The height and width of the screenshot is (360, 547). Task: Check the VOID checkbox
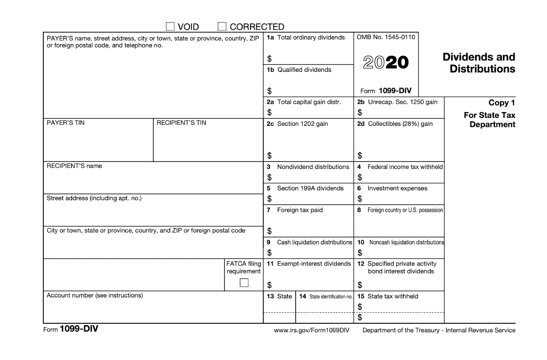pos(170,26)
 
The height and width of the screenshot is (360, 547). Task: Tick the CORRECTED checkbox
pos(222,26)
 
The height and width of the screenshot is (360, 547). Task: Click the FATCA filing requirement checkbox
pos(244,283)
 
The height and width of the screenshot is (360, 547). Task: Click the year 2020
pos(386,62)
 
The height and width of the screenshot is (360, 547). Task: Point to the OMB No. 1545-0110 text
pos(386,37)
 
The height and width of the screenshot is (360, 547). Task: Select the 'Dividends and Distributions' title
pos(479,63)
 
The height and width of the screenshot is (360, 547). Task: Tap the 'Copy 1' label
pos(502,103)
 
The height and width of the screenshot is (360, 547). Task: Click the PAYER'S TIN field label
pos(66,123)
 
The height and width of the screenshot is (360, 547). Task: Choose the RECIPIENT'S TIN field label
pos(181,123)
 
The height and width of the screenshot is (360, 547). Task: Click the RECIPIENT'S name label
pos(74,166)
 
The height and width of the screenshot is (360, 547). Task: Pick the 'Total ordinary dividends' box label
pos(311,38)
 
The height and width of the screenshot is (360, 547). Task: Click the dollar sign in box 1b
pos(269,91)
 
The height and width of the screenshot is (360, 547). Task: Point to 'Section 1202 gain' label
pos(302,124)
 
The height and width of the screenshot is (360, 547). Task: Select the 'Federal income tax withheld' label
pos(405,167)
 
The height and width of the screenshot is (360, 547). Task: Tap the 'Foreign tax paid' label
pos(300,210)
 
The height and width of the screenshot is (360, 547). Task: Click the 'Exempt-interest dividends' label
pos(314,264)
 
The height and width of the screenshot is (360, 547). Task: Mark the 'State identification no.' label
pos(331,296)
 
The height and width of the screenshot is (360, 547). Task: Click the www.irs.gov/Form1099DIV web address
pos(311,330)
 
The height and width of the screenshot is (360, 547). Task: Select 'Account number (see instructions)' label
pos(95,295)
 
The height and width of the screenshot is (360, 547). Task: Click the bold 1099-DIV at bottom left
pos(79,329)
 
